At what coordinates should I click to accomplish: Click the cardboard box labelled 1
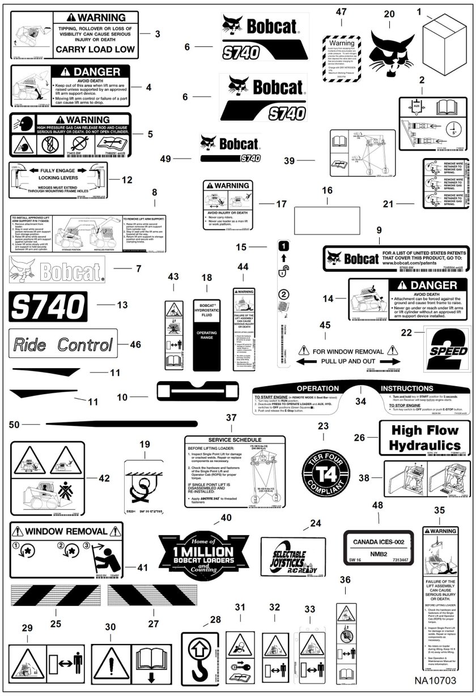click(x=444, y=37)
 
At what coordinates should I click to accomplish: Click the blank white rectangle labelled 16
click(x=341, y=216)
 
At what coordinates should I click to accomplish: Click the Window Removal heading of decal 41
click(x=67, y=532)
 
